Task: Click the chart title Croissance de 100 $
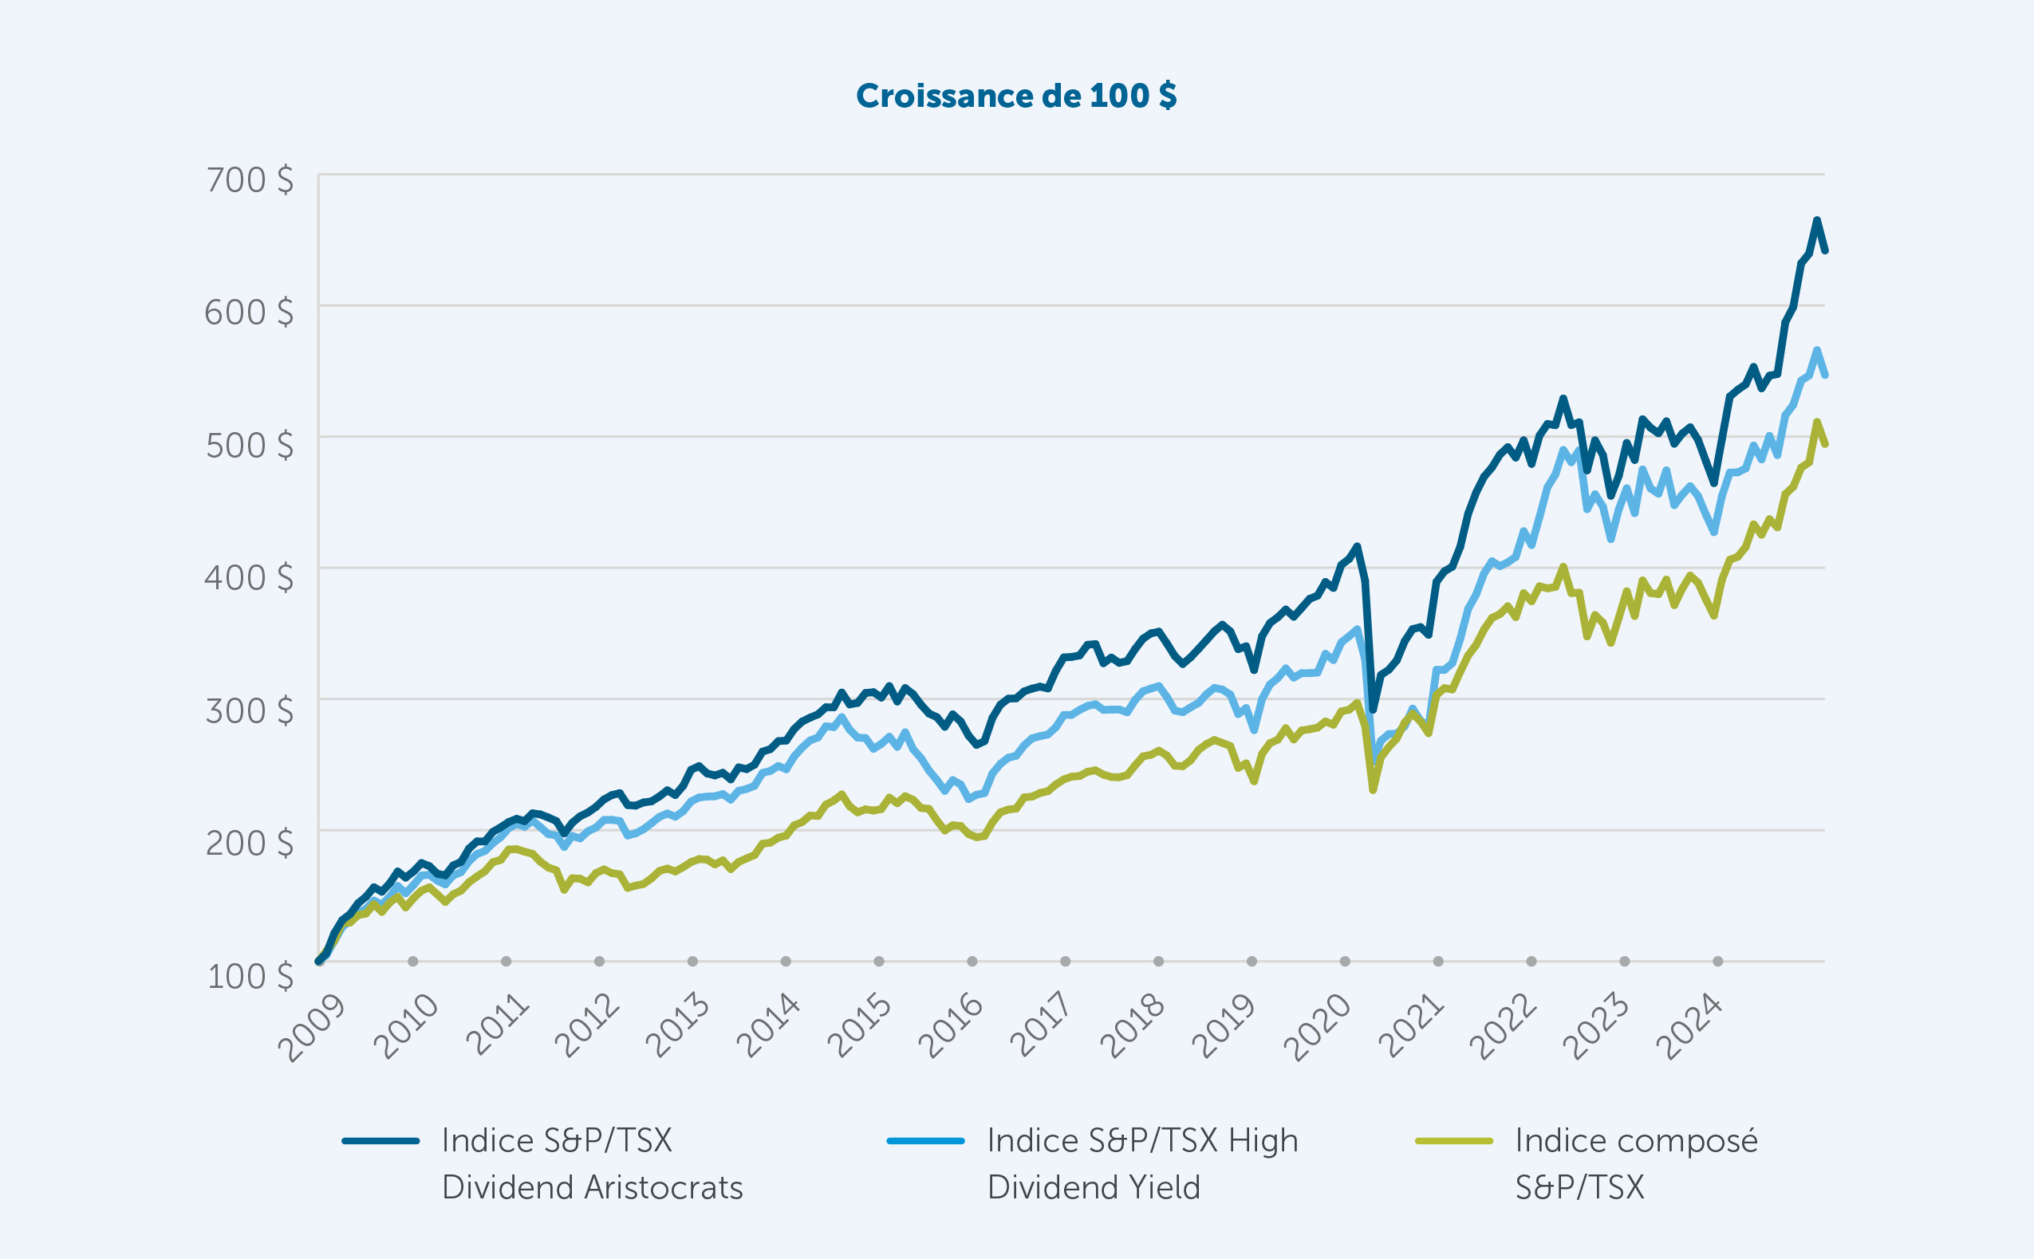pyautogui.click(x=1016, y=96)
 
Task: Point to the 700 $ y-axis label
pyautogui.click(x=249, y=180)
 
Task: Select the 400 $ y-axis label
pyautogui.click(x=249, y=577)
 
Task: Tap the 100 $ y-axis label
pyautogui.click(x=250, y=976)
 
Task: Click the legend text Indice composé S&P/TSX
pyautogui.click(x=1635, y=1163)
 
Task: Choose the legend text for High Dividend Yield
pyautogui.click(x=1142, y=1163)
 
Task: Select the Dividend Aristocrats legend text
pyautogui.click(x=591, y=1163)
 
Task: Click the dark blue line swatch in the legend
pyautogui.click(x=380, y=1141)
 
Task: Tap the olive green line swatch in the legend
pyautogui.click(x=1453, y=1141)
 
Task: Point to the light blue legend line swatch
pyautogui.click(x=925, y=1141)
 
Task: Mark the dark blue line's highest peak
pyautogui.click(x=1816, y=220)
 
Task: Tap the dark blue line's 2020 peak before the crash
pyautogui.click(x=1357, y=546)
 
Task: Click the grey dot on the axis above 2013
pyautogui.click(x=692, y=961)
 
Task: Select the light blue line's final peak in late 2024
pyautogui.click(x=1816, y=350)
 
